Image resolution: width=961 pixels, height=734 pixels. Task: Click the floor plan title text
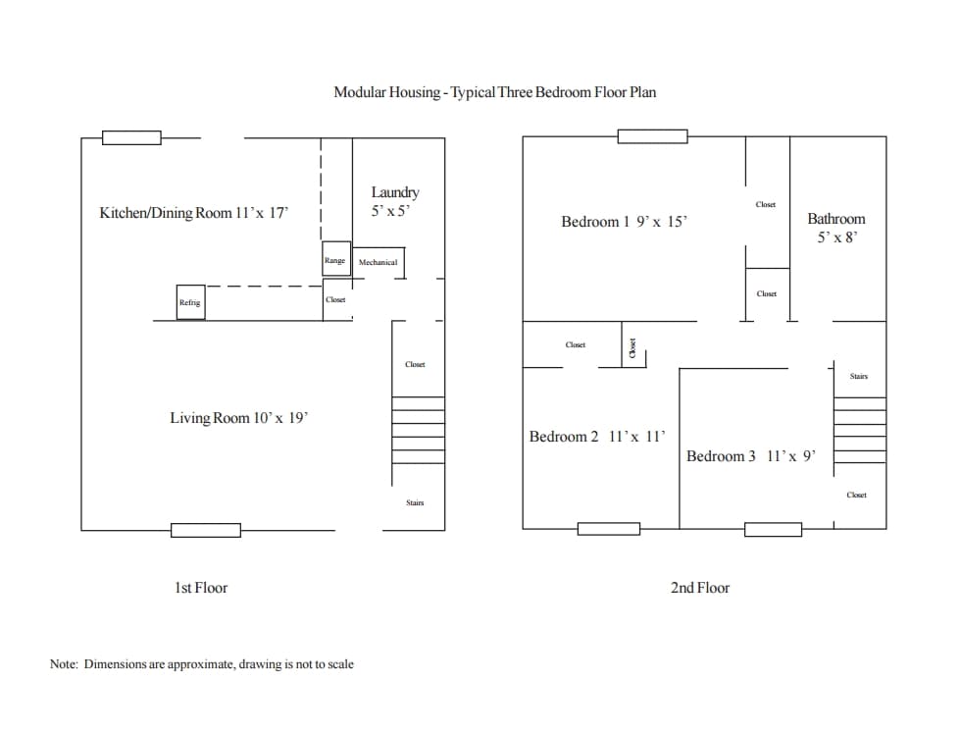pyautogui.click(x=494, y=92)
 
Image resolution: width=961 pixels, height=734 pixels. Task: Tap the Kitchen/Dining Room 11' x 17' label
pyautogui.click(x=194, y=213)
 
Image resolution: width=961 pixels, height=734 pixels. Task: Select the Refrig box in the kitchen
pyautogui.click(x=190, y=302)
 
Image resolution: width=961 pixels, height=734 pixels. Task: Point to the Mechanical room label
pyautogui.click(x=378, y=262)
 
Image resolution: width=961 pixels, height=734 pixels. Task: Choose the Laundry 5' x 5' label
pyautogui.click(x=395, y=201)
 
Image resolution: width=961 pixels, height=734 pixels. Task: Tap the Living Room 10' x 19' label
pyautogui.click(x=238, y=418)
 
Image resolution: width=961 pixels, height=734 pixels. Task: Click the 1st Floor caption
pyautogui.click(x=201, y=588)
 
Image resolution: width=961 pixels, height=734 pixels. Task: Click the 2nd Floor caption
pyautogui.click(x=700, y=588)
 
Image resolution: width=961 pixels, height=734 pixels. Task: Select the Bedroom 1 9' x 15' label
pyautogui.click(x=624, y=222)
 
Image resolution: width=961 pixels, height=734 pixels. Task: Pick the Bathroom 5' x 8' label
pyautogui.click(x=836, y=228)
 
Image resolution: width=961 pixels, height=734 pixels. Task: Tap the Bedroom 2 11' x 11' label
pyautogui.click(x=597, y=437)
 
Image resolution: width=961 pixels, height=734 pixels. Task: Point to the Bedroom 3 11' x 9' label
pyautogui.click(x=750, y=456)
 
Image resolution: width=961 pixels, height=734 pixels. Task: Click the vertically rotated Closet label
pyautogui.click(x=633, y=347)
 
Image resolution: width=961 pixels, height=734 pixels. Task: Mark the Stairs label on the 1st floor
pyautogui.click(x=415, y=502)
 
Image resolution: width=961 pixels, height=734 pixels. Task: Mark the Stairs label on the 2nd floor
pyautogui.click(x=859, y=376)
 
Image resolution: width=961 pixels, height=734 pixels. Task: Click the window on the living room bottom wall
pyautogui.click(x=206, y=530)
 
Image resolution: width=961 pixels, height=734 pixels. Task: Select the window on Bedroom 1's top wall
pyautogui.click(x=652, y=136)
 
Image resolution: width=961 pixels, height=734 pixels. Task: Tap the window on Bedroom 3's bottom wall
pyautogui.click(x=773, y=530)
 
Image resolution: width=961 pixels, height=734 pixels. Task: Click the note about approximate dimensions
pyautogui.click(x=202, y=664)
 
